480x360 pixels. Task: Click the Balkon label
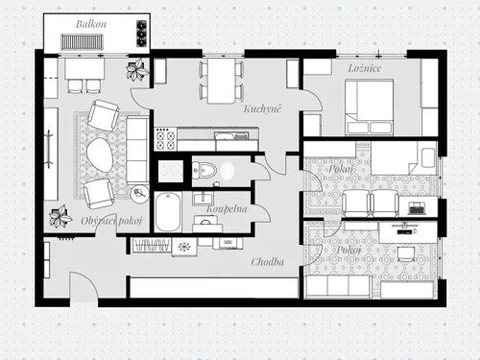[91, 24]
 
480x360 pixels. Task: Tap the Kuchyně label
[262, 108]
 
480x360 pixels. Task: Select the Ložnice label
[365, 68]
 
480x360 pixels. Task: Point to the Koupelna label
[227, 209]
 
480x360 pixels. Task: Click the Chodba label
[267, 262]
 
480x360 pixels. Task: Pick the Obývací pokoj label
[111, 221]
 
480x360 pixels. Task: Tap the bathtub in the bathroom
[168, 211]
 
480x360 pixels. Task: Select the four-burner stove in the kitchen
[165, 139]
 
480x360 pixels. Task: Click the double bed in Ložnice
[370, 108]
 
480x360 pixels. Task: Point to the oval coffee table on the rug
[100, 156]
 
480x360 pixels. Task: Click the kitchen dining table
[222, 82]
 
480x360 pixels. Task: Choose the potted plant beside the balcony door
[137, 69]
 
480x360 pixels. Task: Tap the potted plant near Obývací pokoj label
[60, 217]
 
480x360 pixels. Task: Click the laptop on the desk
[417, 208]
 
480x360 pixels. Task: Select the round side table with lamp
[140, 194]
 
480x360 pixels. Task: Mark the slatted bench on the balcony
[83, 41]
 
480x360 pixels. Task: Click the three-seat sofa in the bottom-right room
[338, 286]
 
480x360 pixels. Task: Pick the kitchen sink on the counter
[226, 136]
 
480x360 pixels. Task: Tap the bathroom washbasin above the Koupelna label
[203, 198]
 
